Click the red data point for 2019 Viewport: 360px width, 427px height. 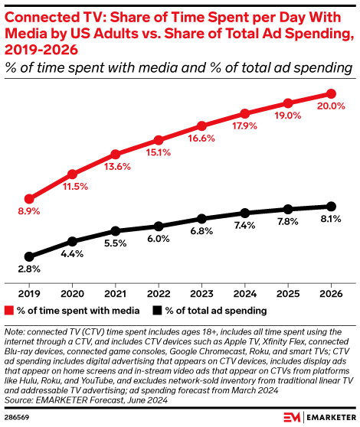(x=29, y=198)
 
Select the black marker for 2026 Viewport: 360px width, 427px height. (x=331, y=206)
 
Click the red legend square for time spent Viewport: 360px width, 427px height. (x=9, y=311)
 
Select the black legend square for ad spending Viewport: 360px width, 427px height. (x=157, y=311)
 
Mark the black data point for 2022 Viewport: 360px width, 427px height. (x=158, y=226)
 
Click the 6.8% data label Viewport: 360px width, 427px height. (x=201, y=231)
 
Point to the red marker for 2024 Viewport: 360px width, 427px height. (x=244, y=113)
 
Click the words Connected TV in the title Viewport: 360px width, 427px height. (x=46, y=12)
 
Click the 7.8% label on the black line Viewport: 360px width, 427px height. (x=288, y=222)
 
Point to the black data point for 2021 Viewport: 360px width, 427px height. (x=115, y=230)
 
